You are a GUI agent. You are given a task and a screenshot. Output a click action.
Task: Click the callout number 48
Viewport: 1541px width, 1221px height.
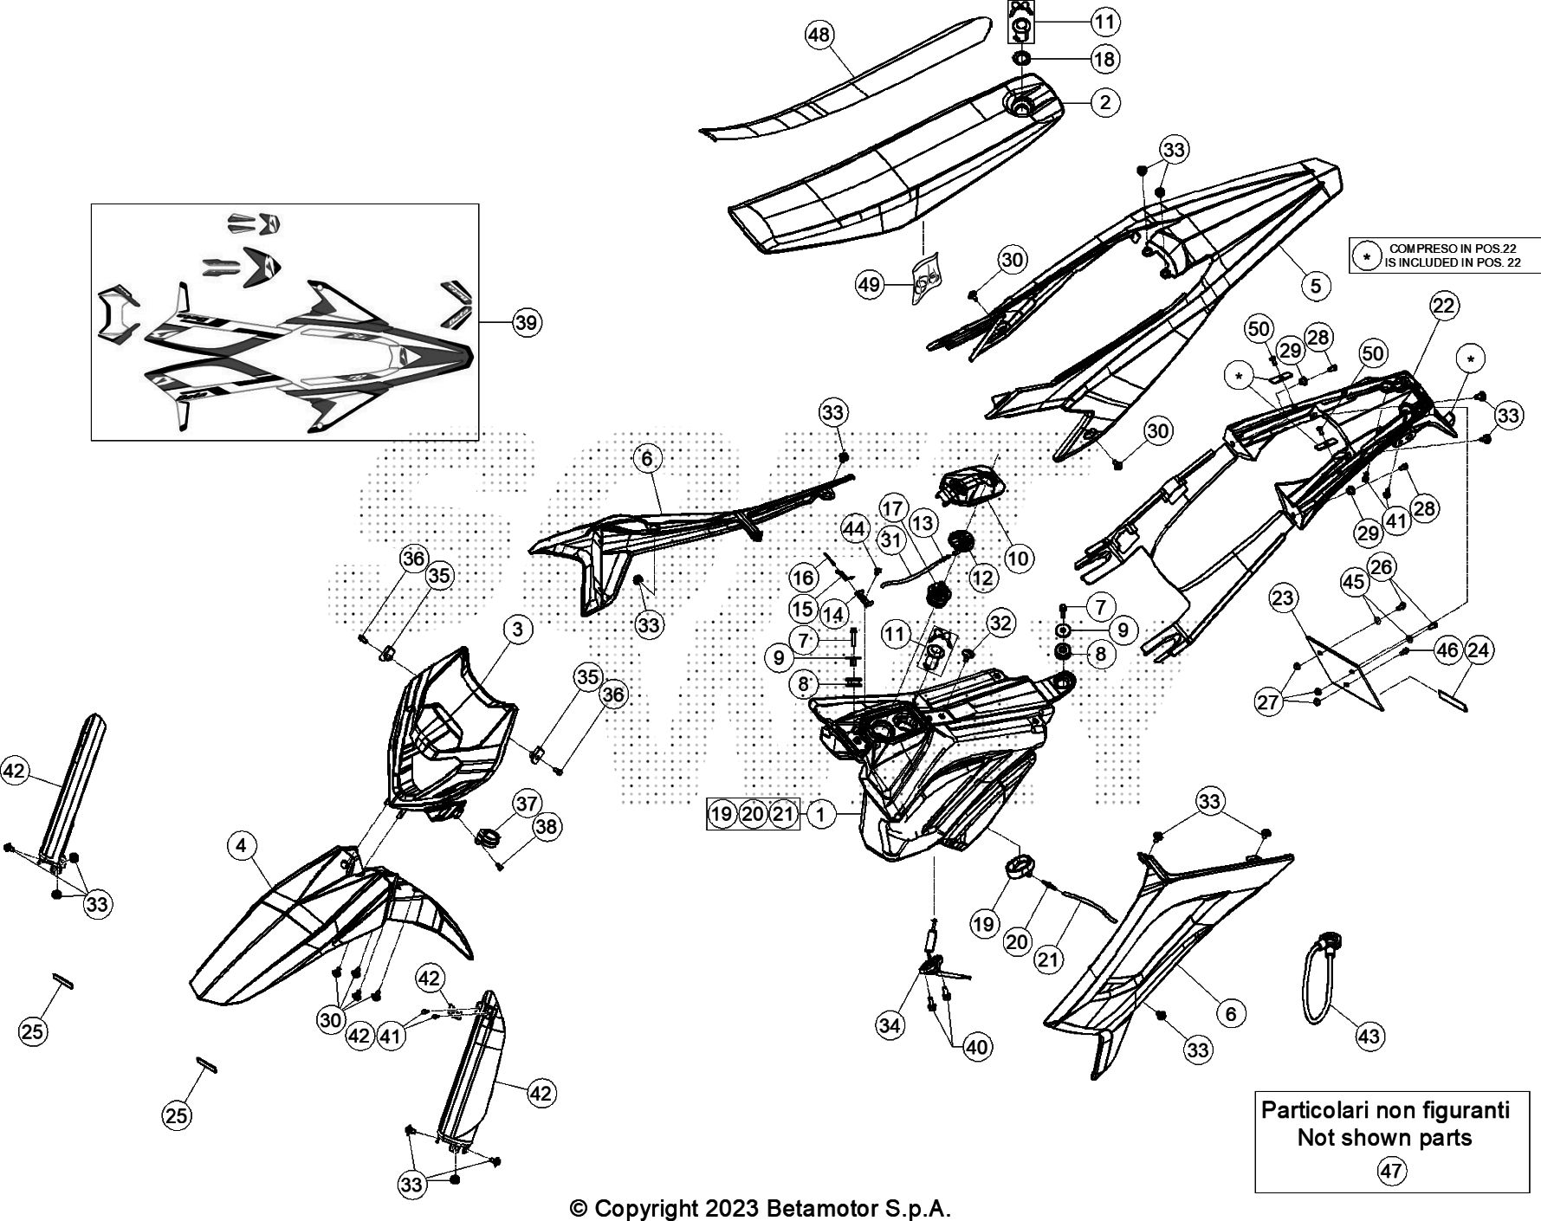pyautogui.click(x=819, y=36)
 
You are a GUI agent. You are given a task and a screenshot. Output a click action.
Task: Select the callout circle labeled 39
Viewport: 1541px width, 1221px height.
pyautogui.click(x=525, y=323)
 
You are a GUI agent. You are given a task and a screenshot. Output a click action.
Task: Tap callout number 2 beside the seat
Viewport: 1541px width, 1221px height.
pyautogui.click(x=1104, y=102)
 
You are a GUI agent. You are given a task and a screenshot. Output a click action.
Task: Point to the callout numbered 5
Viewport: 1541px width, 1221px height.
pyautogui.click(x=1315, y=285)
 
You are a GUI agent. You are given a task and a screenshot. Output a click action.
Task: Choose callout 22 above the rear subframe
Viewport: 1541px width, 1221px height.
pyautogui.click(x=1444, y=305)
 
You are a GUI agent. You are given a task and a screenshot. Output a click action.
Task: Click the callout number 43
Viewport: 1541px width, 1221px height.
pyautogui.click(x=1369, y=1036)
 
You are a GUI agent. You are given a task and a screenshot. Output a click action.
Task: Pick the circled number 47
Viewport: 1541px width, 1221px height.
pyautogui.click(x=1391, y=1172)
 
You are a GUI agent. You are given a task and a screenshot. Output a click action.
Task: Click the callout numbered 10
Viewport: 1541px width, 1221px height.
pyautogui.click(x=1018, y=559)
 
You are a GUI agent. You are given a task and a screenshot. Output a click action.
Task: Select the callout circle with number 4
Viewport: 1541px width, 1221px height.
pyautogui.click(x=243, y=844)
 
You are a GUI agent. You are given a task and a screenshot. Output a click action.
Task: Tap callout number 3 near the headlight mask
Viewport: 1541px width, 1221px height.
pyautogui.click(x=517, y=629)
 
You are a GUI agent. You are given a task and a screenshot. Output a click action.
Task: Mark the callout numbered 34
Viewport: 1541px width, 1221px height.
pyautogui.click(x=890, y=1026)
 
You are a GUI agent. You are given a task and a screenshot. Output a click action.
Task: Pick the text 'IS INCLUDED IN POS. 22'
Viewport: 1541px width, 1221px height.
pyautogui.click(x=1452, y=262)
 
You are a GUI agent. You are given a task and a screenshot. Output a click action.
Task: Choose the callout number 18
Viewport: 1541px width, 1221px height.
pyautogui.click(x=1104, y=59)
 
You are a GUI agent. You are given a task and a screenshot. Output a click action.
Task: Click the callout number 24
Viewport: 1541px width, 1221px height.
pyautogui.click(x=1479, y=649)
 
